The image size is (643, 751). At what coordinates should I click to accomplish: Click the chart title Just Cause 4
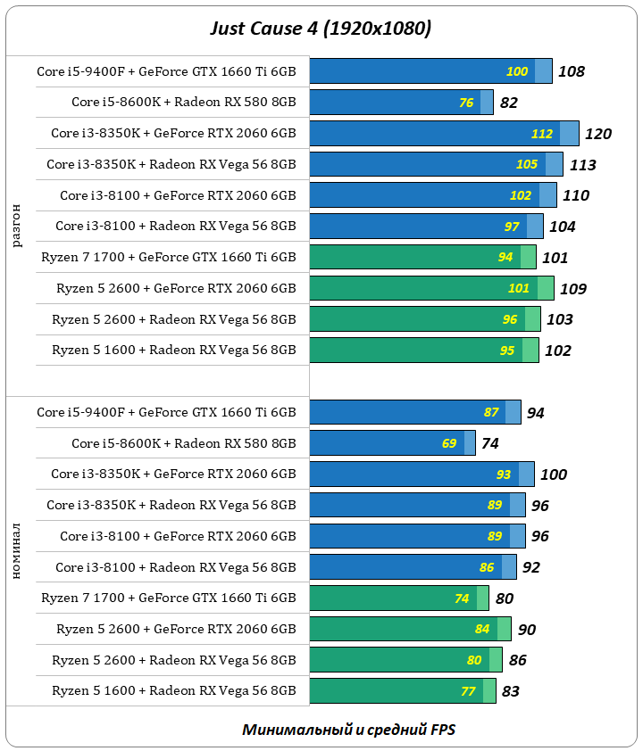pyautogui.click(x=321, y=29)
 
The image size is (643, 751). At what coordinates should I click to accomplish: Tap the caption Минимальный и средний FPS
pyautogui.click(x=348, y=729)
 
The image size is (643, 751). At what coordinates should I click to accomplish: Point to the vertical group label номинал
pyautogui.click(x=18, y=551)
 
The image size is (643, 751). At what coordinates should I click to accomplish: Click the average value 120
pyautogui.click(x=598, y=134)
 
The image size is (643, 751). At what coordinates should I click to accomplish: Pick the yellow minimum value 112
pyautogui.click(x=541, y=134)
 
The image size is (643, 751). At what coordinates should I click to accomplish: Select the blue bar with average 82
pyautogui.click(x=401, y=103)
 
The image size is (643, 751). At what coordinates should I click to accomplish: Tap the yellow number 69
pyautogui.click(x=448, y=443)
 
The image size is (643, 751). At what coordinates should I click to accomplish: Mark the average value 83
pyautogui.click(x=510, y=690)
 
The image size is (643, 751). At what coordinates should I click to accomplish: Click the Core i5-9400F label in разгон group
pyautogui.click(x=166, y=71)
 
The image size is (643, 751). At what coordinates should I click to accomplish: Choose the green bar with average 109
pyautogui.click(x=431, y=288)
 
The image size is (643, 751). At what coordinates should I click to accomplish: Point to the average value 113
pyautogui.click(x=582, y=165)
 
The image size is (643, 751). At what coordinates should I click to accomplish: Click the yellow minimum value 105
pyautogui.click(x=527, y=164)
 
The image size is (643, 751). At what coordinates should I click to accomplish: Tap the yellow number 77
pyautogui.click(x=468, y=690)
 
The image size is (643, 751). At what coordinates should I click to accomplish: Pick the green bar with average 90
pyautogui.click(x=410, y=629)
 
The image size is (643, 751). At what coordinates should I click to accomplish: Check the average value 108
pyautogui.click(x=571, y=71)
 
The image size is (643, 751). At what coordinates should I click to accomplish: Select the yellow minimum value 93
pyautogui.click(x=504, y=475)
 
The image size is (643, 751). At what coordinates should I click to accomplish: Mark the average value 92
pyautogui.click(x=530, y=567)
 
